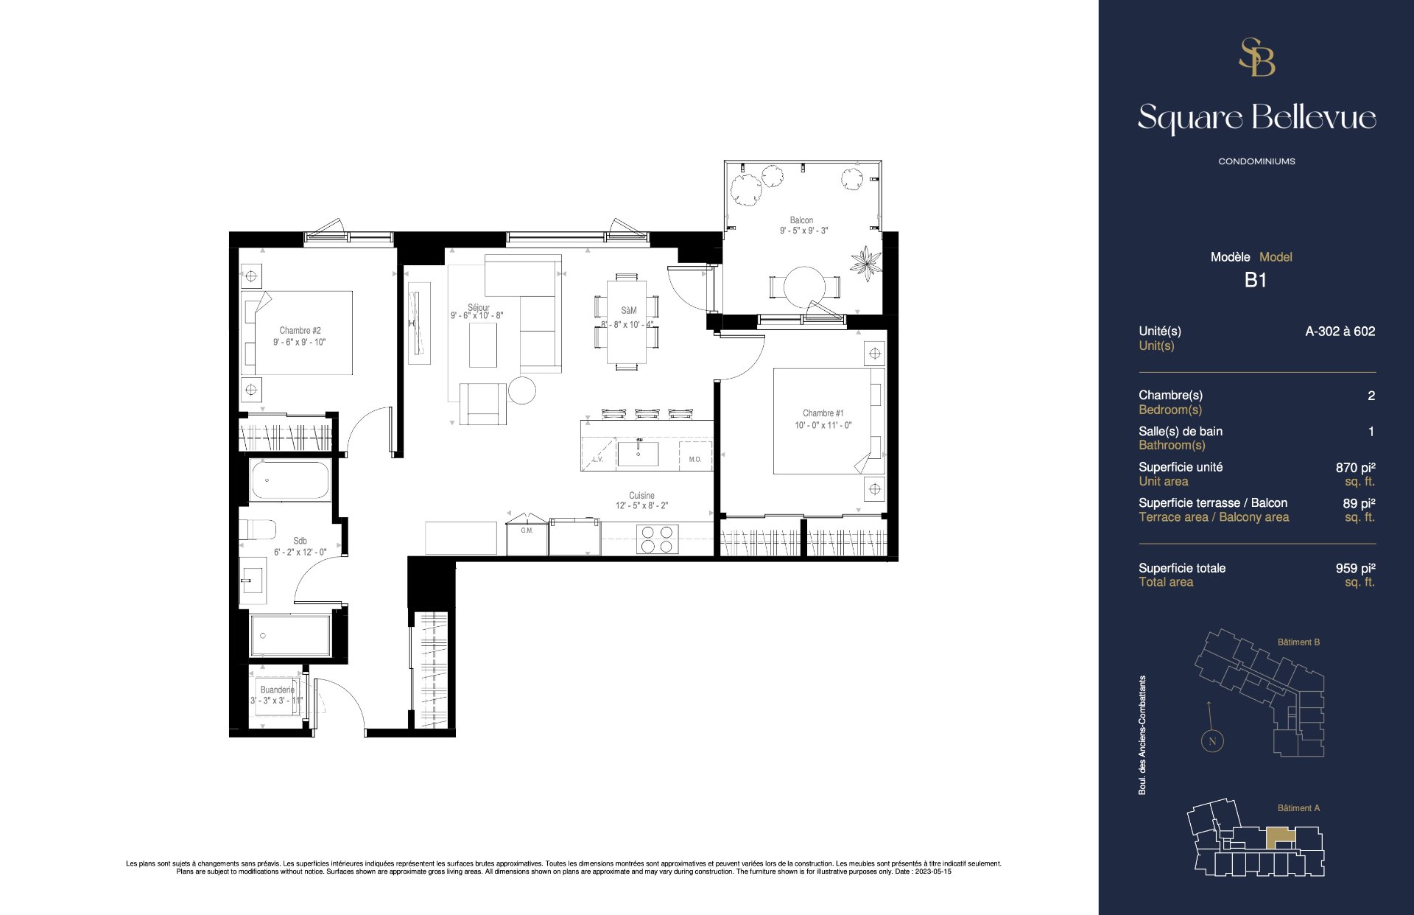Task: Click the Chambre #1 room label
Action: (x=823, y=413)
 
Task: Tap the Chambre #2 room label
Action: (x=300, y=331)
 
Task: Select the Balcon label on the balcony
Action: (x=801, y=220)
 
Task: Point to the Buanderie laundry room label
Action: (x=277, y=690)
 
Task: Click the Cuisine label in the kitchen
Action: (x=641, y=496)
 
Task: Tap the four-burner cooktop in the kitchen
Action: (x=656, y=539)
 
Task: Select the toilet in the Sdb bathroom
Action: (x=258, y=530)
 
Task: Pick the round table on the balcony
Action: (x=805, y=287)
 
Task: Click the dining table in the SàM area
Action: (x=627, y=321)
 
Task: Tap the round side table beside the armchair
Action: (x=521, y=390)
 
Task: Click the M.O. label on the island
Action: (x=694, y=460)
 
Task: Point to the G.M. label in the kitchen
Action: (x=527, y=530)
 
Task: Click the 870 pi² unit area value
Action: (x=1355, y=467)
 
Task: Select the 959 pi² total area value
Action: (x=1355, y=568)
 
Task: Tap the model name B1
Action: (x=1256, y=280)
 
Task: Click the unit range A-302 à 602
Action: (x=1340, y=332)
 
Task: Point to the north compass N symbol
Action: (x=1212, y=741)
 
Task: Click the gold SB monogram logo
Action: (x=1256, y=57)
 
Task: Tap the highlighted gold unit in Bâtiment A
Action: (x=1280, y=836)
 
